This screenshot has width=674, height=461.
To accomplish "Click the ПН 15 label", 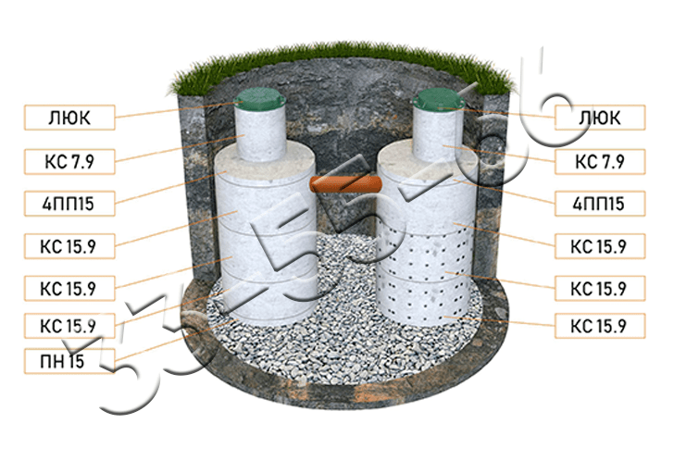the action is pos(69,361).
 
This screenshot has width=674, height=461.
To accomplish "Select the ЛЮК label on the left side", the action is pos(69,118).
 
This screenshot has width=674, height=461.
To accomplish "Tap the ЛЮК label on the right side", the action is pos(600,118).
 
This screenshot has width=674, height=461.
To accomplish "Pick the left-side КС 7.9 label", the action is pos(69,162).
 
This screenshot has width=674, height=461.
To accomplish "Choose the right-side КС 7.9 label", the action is pos(600,162).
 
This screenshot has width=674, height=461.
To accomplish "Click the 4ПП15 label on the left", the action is pos(69,204).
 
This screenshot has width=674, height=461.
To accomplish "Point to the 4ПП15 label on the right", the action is pos(600,204).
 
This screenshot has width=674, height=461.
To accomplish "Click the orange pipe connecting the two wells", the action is pos(345,185).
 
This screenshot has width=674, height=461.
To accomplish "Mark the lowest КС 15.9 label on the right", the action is pos(600,326).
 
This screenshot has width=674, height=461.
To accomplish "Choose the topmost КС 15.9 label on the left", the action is pos(69,246).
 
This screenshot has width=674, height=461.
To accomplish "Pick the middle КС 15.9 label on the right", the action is pos(600,288).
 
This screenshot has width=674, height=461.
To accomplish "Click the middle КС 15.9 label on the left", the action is pos(69,288).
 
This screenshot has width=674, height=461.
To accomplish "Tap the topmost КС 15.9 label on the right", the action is pos(600,246).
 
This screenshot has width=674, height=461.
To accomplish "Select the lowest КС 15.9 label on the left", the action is pos(69,326).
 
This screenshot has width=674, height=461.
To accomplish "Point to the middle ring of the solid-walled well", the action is pos(267,254).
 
